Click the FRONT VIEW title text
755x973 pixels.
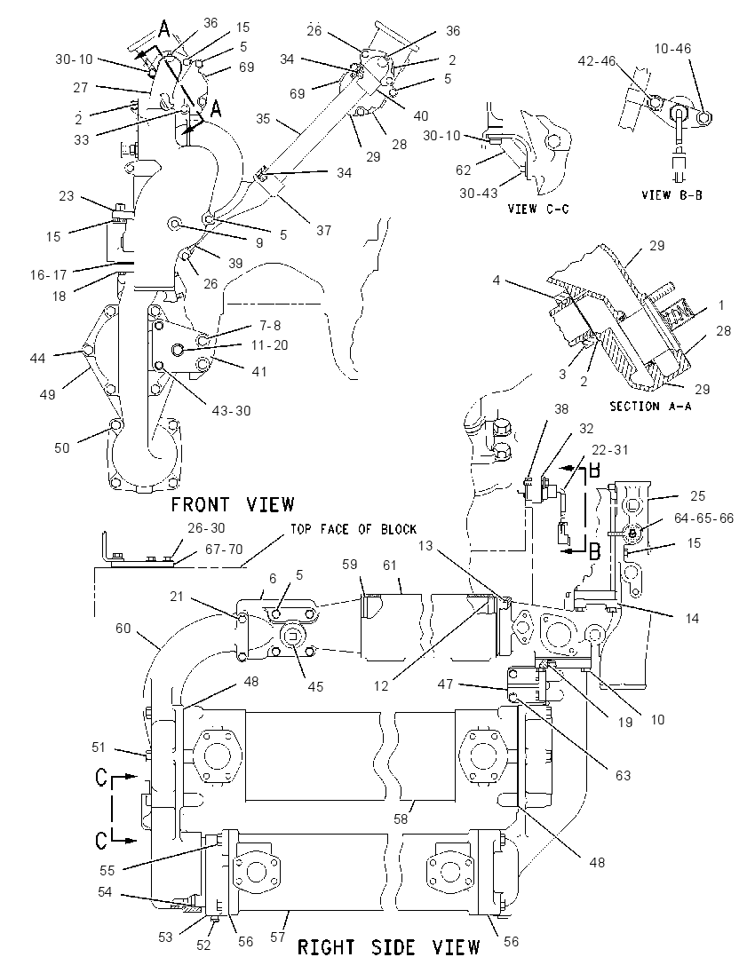[232, 504]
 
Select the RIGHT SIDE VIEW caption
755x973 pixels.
[389, 947]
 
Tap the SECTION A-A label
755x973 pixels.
[650, 407]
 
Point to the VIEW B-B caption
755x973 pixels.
[672, 194]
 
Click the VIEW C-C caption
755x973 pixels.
[538, 210]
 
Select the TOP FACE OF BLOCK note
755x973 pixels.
[354, 529]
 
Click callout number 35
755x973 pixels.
[263, 118]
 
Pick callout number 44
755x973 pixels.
[38, 358]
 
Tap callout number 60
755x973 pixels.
[123, 628]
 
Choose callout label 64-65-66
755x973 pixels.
[703, 518]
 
